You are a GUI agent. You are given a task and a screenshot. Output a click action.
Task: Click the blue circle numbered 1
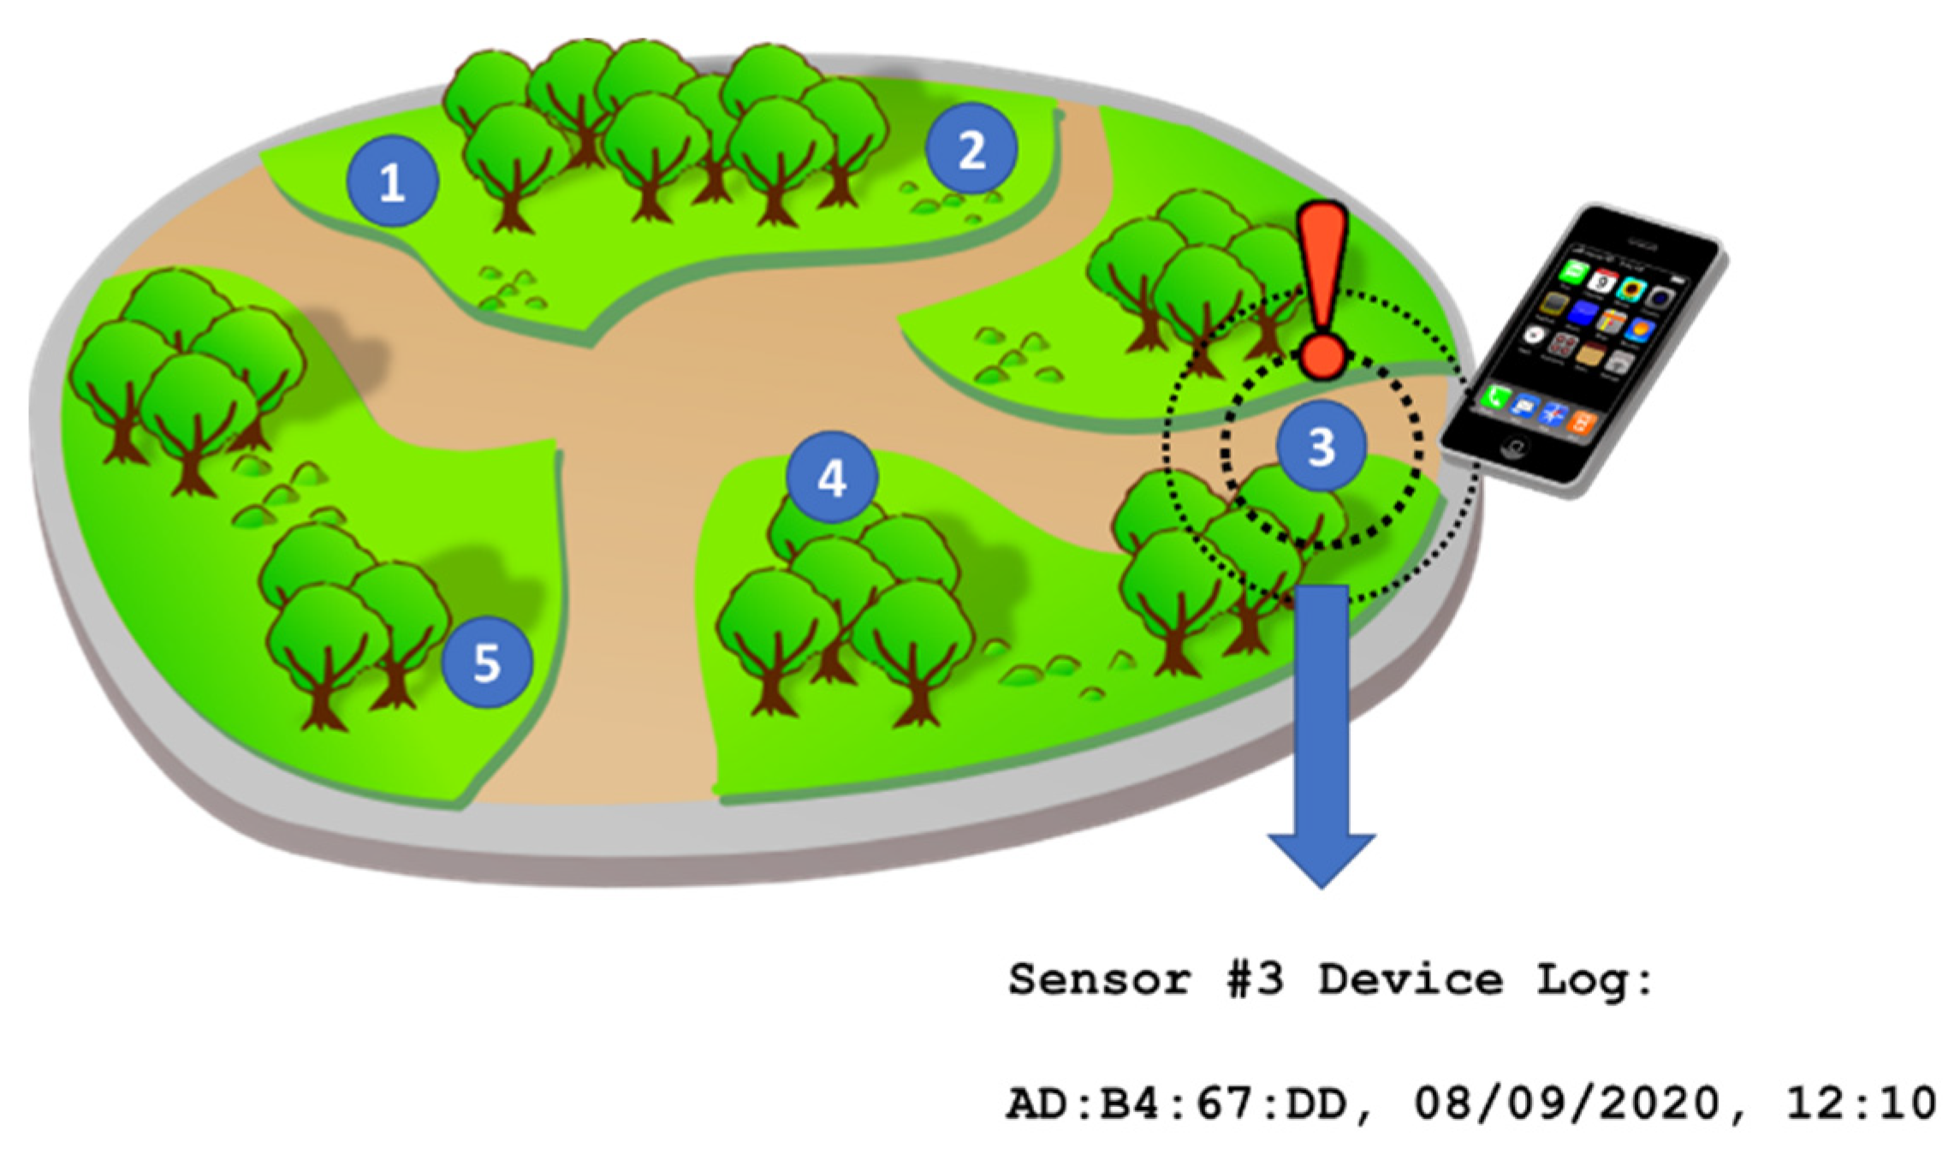(x=392, y=181)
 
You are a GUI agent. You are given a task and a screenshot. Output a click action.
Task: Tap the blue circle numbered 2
(x=971, y=149)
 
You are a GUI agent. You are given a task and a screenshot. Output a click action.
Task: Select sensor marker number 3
(x=1321, y=445)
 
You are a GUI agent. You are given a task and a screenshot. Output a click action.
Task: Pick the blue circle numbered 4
(x=832, y=477)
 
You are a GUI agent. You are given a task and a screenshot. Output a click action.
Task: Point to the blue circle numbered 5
(x=486, y=662)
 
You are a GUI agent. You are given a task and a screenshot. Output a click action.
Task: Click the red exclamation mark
(x=1322, y=291)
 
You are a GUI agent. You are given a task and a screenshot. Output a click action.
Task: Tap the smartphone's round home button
(x=1516, y=446)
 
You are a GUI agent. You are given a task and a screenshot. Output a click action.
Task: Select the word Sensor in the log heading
(x=1100, y=979)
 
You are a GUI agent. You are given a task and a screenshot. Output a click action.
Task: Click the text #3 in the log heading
(x=1255, y=979)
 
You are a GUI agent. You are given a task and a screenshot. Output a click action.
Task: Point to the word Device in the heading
(x=1410, y=979)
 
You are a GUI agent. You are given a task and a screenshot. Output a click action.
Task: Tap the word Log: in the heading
(x=1594, y=979)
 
